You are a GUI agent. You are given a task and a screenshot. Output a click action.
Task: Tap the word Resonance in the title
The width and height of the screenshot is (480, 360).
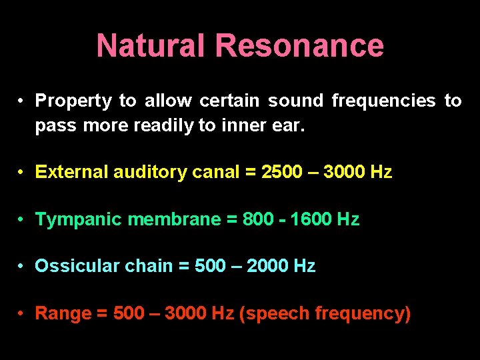click(299, 46)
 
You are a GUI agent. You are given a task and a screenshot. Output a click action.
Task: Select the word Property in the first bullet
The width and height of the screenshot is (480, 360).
click(73, 101)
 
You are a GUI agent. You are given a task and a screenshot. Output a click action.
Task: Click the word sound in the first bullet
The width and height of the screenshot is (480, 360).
click(295, 101)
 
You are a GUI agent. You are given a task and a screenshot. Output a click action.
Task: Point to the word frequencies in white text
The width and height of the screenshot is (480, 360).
click(383, 101)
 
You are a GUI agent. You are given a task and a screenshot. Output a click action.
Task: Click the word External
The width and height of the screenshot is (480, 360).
click(71, 172)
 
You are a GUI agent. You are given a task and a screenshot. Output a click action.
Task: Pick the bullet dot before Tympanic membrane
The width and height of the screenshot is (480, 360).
click(22, 219)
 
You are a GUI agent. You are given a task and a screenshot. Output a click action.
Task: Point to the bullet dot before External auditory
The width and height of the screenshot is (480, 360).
click(22, 173)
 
